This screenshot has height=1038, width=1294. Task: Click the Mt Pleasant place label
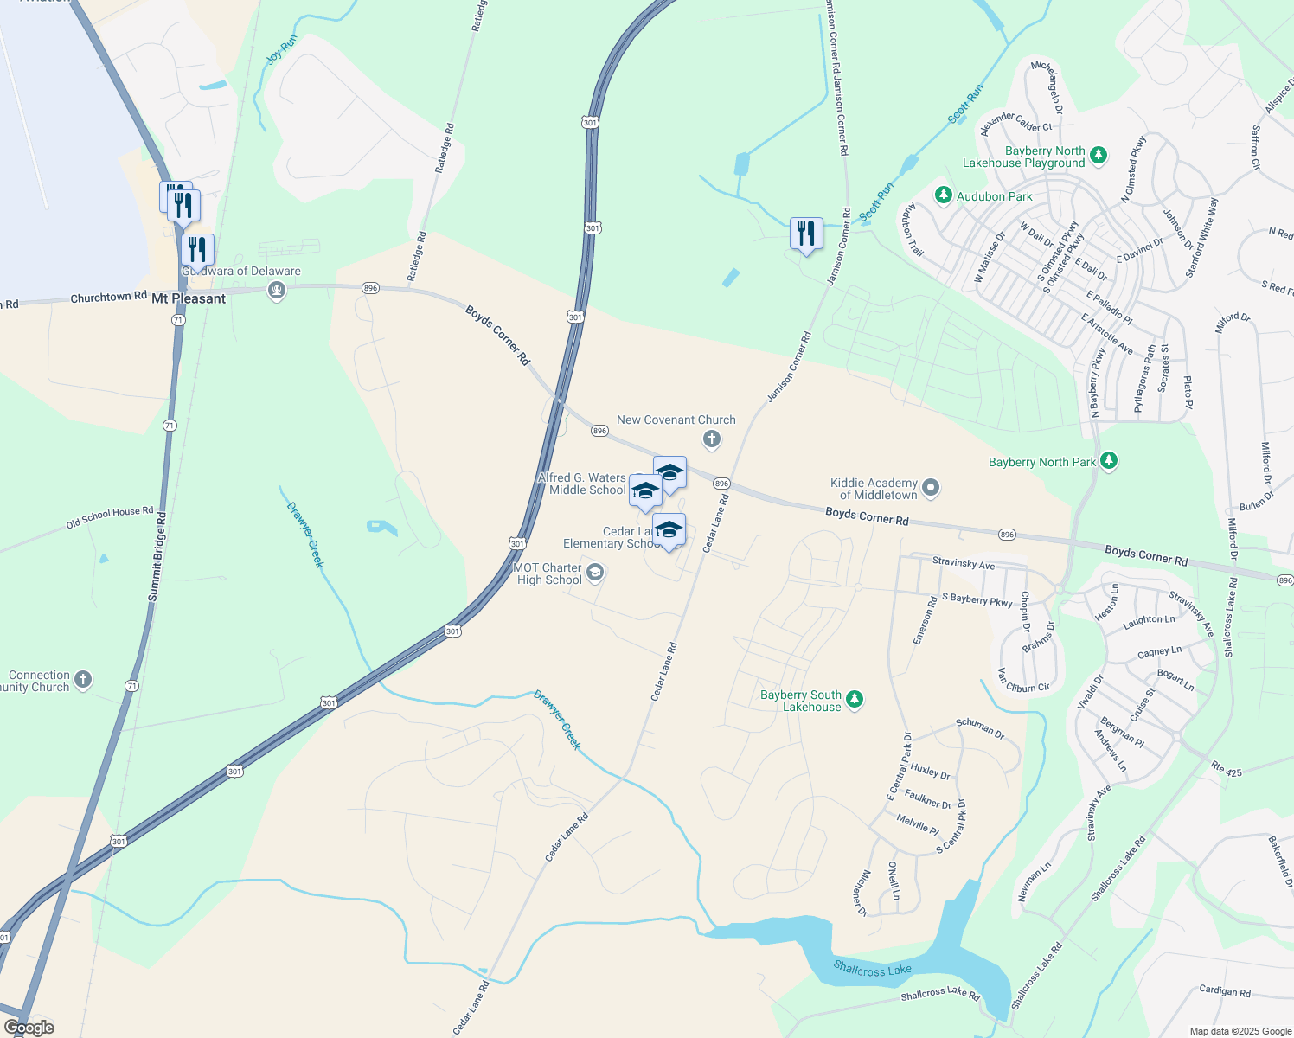(x=189, y=298)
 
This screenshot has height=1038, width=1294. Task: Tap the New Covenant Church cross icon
(x=711, y=440)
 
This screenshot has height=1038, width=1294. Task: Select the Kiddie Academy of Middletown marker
(x=931, y=489)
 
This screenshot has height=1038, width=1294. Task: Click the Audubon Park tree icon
(x=944, y=196)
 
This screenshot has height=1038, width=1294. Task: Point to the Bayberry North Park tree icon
(x=1109, y=462)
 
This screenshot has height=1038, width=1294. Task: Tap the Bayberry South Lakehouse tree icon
(x=855, y=700)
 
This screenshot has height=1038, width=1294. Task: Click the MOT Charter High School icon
(x=594, y=573)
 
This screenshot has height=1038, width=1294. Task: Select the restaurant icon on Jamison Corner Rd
(x=805, y=234)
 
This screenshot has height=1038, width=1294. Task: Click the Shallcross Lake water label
(x=873, y=970)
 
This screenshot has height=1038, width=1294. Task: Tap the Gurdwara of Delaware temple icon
(x=277, y=291)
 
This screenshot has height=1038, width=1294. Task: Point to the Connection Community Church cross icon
(x=83, y=680)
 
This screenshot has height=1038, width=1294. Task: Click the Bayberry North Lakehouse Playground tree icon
(x=1099, y=156)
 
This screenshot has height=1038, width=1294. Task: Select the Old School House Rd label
(x=110, y=518)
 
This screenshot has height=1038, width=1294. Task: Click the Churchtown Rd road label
(x=108, y=298)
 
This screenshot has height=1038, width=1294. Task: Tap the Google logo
(x=29, y=1028)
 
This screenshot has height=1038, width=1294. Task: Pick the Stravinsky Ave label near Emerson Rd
(x=964, y=564)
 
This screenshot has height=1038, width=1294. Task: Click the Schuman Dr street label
(x=980, y=728)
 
